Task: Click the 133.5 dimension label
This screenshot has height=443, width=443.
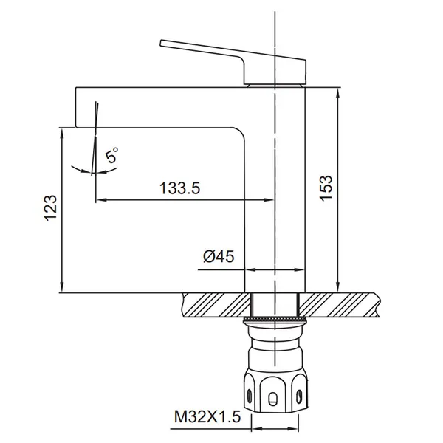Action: pyautogui.click(x=179, y=188)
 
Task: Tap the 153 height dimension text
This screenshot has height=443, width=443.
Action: pyautogui.click(x=326, y=188)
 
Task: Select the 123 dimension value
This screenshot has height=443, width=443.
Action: pyautogui.click(x=51, y=207)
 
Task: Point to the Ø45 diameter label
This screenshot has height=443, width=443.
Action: pyautogui.click(x=219, y=257)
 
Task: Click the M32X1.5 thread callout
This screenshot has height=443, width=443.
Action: pyautogui.click(x=207, y=416)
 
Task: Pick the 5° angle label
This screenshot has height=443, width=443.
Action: pyautogui.click(x=111, y=155)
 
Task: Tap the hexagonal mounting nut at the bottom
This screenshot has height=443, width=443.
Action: pyautogui.click(x=275, y=389)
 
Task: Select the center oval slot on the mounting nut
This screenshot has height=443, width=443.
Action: pyautogui.click(x=272, y=399)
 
